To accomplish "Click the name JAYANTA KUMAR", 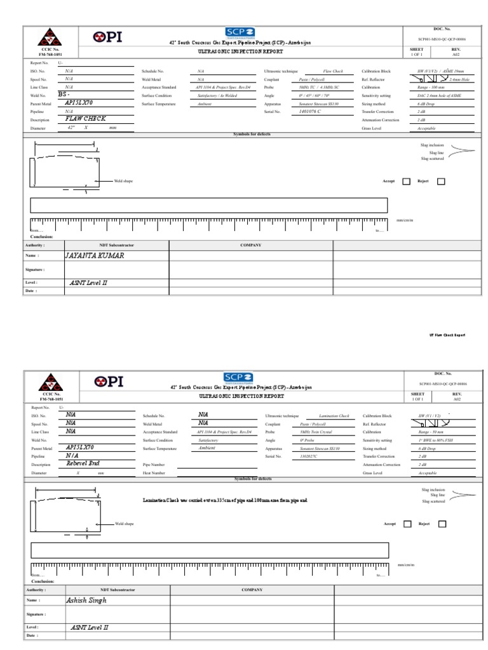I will pos(95,256).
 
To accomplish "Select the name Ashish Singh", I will pos(86,599).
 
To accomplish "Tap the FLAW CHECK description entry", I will pos(85,118).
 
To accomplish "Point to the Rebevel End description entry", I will pos(83,463).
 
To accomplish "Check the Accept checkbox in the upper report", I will pos(407,182).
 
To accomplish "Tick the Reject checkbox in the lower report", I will pos(442,524).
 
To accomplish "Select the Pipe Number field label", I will pos(154,464).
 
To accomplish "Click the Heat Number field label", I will pos(154,472).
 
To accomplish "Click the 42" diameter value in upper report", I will pos(71,127).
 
